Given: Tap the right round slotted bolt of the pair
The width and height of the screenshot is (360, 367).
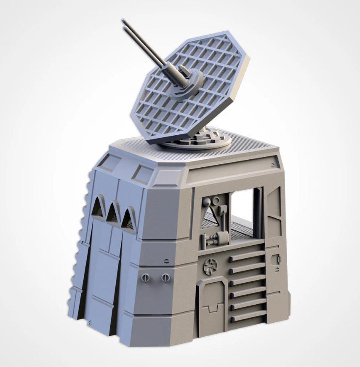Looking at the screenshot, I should [x=165, y=278].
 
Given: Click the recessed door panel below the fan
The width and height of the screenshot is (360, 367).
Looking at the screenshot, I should [x=213, y=303].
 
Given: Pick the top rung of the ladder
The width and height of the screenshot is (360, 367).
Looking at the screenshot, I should [x=247, y=255].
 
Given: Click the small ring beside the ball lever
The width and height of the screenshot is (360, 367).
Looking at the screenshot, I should [x=217, y=201].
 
